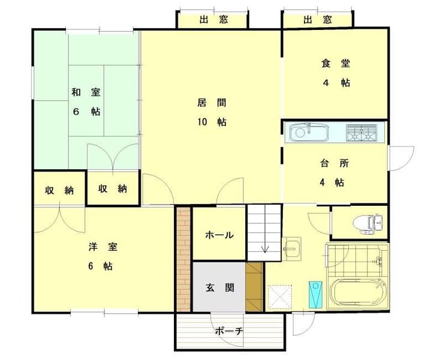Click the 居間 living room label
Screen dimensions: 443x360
[x=212, y=103]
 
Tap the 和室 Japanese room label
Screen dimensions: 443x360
[x=86, y=92]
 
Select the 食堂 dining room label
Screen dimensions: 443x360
[x=336, y=64]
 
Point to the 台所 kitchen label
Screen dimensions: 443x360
[x=334, y=163]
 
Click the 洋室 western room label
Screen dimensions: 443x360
[x=103, y=247]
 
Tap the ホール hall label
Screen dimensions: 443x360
[x=219, y=235]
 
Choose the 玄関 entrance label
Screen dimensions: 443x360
[x=219, y=288]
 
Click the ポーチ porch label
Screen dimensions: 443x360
[x=229, y=331]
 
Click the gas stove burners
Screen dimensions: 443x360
[x=361, y=133]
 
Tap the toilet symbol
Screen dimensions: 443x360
[x=368, y=224]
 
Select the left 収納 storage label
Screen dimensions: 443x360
[x=59, y=190]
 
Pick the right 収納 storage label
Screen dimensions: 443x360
[x=113, y=188]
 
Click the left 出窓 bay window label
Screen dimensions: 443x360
[x=213, y=20]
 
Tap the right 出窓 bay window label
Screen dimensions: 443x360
[x=317, y=20]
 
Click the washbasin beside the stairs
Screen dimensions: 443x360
[x=292, y=248]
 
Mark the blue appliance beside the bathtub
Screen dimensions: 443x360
[x=315, y=295]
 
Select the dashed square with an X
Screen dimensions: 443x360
[x=280, y=297]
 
